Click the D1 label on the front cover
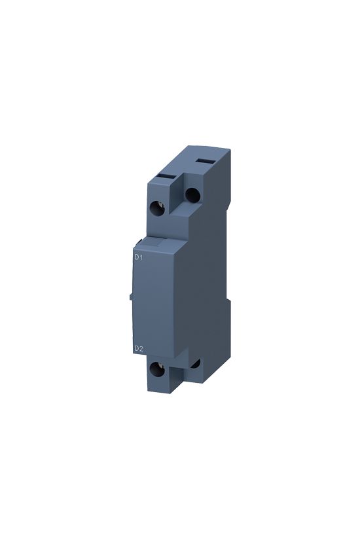pos(138,257)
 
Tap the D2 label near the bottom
pos(138,349)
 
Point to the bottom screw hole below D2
pos(158,369)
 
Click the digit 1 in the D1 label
pos(141,257)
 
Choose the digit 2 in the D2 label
pos(141,349)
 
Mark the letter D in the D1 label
pos(136,257)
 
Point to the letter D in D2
pos(136,349)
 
